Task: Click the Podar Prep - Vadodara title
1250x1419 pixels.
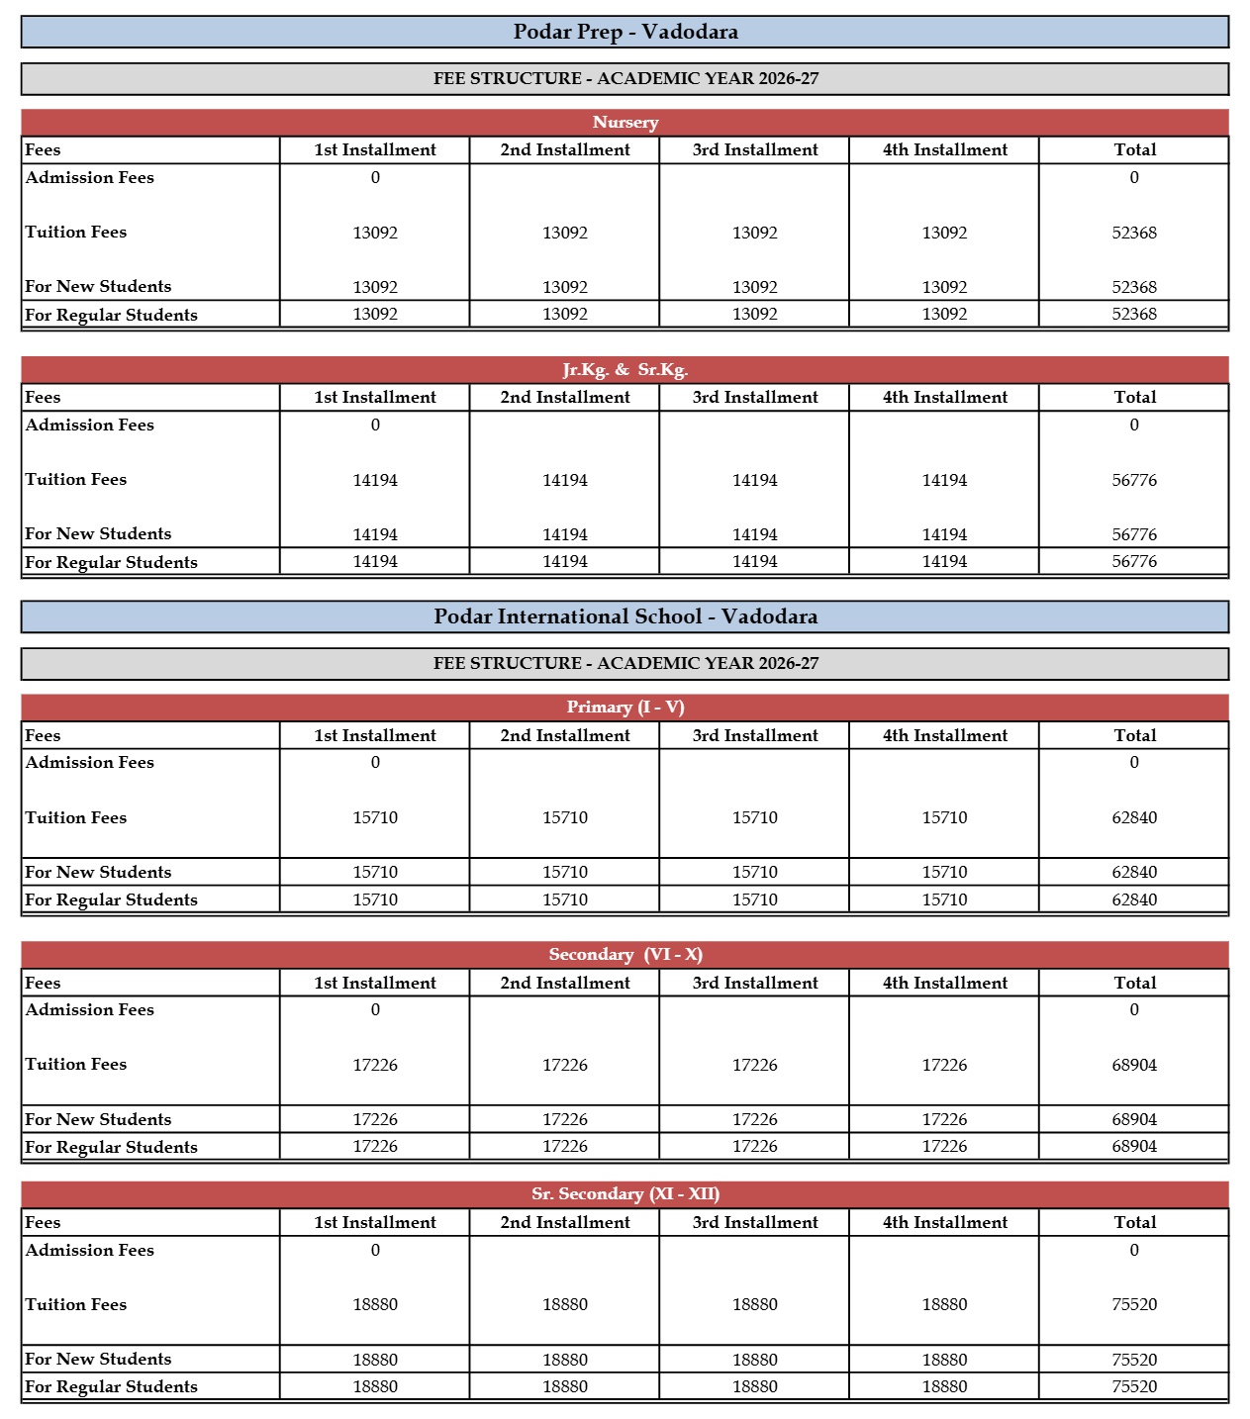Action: point(625,32)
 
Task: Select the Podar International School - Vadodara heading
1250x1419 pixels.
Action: point(625,616)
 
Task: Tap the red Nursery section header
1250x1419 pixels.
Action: point(625,123)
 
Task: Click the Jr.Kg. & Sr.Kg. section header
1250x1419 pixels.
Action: point(625,370)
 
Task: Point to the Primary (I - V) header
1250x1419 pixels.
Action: point(625,708)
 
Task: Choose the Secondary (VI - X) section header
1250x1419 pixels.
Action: point(625,955)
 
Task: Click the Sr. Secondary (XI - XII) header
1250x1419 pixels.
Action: point(625,1194)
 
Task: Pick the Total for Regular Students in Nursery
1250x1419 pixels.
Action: point(1133,315)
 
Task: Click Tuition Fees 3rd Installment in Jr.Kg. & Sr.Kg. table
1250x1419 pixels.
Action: point(754,481)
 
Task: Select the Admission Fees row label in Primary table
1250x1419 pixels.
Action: point(90,763)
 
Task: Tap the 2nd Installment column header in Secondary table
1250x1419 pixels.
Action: point(564,984)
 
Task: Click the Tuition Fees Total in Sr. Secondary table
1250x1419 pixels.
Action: point(1133,1305)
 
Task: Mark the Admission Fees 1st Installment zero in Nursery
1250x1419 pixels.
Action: point(375,178)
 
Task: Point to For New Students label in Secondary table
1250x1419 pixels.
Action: point(98,1120)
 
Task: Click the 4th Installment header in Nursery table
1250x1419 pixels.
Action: point(944,150)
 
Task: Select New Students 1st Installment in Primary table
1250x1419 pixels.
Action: point(375,873)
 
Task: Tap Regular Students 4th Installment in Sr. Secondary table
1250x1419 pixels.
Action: point(944,1387)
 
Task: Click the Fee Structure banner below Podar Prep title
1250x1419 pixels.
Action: point(625,79)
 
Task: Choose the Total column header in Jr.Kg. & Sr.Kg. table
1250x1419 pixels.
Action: point(1133,398)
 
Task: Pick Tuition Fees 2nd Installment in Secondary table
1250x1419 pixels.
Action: point(564,1066)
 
